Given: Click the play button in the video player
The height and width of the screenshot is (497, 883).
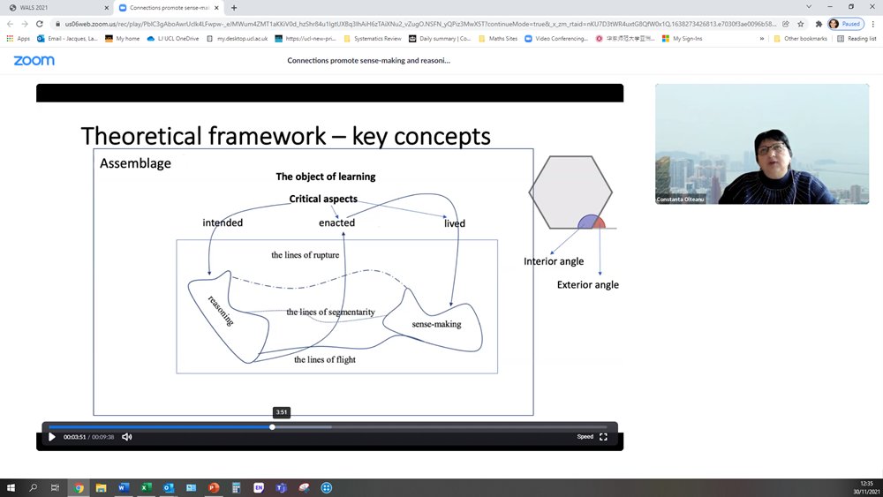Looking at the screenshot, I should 52,437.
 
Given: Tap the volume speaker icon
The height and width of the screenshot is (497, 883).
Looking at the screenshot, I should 127,437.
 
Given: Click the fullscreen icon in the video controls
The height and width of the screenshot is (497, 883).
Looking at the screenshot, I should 604,437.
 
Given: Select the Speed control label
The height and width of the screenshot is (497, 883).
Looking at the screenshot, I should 585,437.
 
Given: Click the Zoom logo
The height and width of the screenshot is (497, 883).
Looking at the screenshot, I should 34,61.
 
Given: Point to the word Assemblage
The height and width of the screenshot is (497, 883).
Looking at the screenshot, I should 135,163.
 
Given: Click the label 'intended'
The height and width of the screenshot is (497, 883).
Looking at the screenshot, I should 223,223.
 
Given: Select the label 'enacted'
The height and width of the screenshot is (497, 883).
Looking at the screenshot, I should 336,223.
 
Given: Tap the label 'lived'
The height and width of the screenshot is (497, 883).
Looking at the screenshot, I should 454,223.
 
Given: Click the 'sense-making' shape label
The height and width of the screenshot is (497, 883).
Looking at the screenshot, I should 436,325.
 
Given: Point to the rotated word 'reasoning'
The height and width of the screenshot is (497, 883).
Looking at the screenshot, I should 221,310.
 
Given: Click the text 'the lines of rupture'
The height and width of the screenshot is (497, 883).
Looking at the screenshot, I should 305,255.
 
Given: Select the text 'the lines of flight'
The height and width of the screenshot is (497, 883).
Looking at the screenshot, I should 325,359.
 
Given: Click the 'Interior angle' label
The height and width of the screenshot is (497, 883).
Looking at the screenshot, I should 554,261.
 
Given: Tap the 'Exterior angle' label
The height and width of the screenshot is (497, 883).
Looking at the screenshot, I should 587,285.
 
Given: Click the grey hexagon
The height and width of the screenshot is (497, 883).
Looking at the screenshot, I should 570,187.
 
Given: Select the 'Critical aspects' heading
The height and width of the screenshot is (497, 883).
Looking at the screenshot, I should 323,200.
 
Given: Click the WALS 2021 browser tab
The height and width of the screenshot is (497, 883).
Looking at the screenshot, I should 53,7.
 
